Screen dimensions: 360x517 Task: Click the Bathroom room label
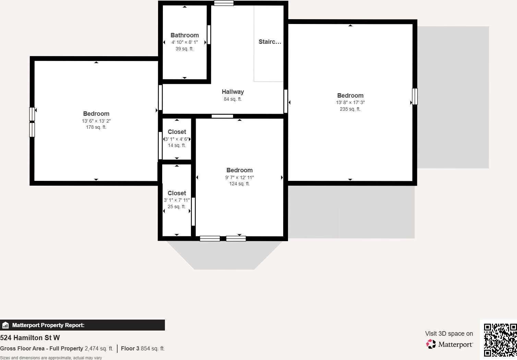click(x=184, y=35)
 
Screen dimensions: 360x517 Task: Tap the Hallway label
click(x=233, y=92)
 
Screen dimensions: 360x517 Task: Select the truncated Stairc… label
click(x=270, y=42)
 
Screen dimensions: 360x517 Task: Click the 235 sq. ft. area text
click(x=350, y=109)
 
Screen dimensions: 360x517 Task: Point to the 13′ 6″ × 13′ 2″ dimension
click(x=96, y=121)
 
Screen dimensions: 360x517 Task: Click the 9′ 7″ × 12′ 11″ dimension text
click(x=239, y=177)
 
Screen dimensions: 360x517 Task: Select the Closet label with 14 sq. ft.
click(x=177, y=132)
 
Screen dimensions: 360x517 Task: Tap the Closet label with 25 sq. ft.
click(x=177, y=193)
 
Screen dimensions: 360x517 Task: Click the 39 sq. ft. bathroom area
click(x=184, y=49)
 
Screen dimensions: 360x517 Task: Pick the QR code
click(x=500, y=340)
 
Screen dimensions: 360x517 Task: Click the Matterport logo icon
click(x=431, y=344)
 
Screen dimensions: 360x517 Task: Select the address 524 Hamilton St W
click(x=30, y=338)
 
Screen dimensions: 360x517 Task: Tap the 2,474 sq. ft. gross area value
click(x=99, y=348)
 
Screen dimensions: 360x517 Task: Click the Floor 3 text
click(x=130, y=348)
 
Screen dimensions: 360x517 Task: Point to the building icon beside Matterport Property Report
click(x=5, y=325)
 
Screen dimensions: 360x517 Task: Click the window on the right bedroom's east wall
click(x=414, y=96)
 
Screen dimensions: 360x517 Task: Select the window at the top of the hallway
click(x=224, y=3)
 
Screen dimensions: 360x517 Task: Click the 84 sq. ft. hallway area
click(x=232, y=99)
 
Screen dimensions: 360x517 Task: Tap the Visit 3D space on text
click(x=449, y=334)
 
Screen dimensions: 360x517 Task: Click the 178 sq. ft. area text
click(x=96, y=127)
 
